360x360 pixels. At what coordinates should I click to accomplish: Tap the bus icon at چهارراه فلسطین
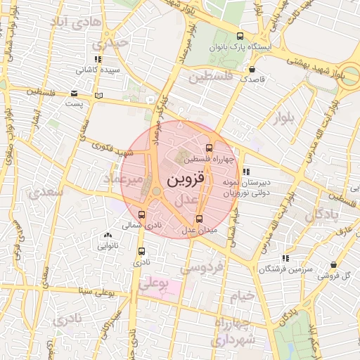click(209, 148)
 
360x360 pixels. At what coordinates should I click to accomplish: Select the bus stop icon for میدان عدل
click(200, 219)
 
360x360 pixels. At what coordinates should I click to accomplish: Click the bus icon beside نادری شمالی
click(142, 215)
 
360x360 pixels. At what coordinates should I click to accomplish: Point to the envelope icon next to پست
click(74, 93)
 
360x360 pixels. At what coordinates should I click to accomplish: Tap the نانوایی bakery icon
click(107, 236)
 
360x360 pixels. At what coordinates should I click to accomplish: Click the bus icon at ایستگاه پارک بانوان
click(240, 37)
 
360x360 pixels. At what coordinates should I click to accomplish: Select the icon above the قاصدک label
click(252, 69)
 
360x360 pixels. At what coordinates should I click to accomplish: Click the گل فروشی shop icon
click(333, 265)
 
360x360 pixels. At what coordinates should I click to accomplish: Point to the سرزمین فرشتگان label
click(264, 269)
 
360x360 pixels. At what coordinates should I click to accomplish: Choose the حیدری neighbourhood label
click(113, 43)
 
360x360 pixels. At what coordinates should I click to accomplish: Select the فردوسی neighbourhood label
click(202, 267)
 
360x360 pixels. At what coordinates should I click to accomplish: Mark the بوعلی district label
click(155, 284)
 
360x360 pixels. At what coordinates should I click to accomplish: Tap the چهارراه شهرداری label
click(234, 333)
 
